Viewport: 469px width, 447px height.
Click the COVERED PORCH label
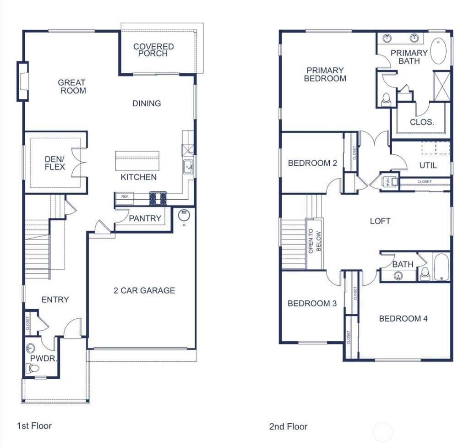tap(153, 50)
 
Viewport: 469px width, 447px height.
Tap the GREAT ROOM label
tap(72, 87)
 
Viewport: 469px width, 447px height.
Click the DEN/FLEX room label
tap(55, 163)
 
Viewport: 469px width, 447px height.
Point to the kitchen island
tap(137, 160)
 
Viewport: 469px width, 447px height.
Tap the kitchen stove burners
tap(158, 198)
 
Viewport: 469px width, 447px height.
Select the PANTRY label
tap(145, 218)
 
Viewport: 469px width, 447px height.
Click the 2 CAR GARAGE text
tap(144, 290)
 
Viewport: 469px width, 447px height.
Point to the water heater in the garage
tap(184, 214)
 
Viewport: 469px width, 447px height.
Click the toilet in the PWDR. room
tap(33, 368)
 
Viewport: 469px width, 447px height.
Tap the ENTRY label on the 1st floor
tap(55, 300)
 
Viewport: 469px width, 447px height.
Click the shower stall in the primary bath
tap(442, 86)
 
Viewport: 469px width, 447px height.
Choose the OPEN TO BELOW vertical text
tap(315, 242)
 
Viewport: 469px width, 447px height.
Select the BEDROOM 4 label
tap(403, 318)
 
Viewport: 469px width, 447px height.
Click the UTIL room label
tap(428, 165)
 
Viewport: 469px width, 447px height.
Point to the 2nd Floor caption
tap(288, 426)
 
